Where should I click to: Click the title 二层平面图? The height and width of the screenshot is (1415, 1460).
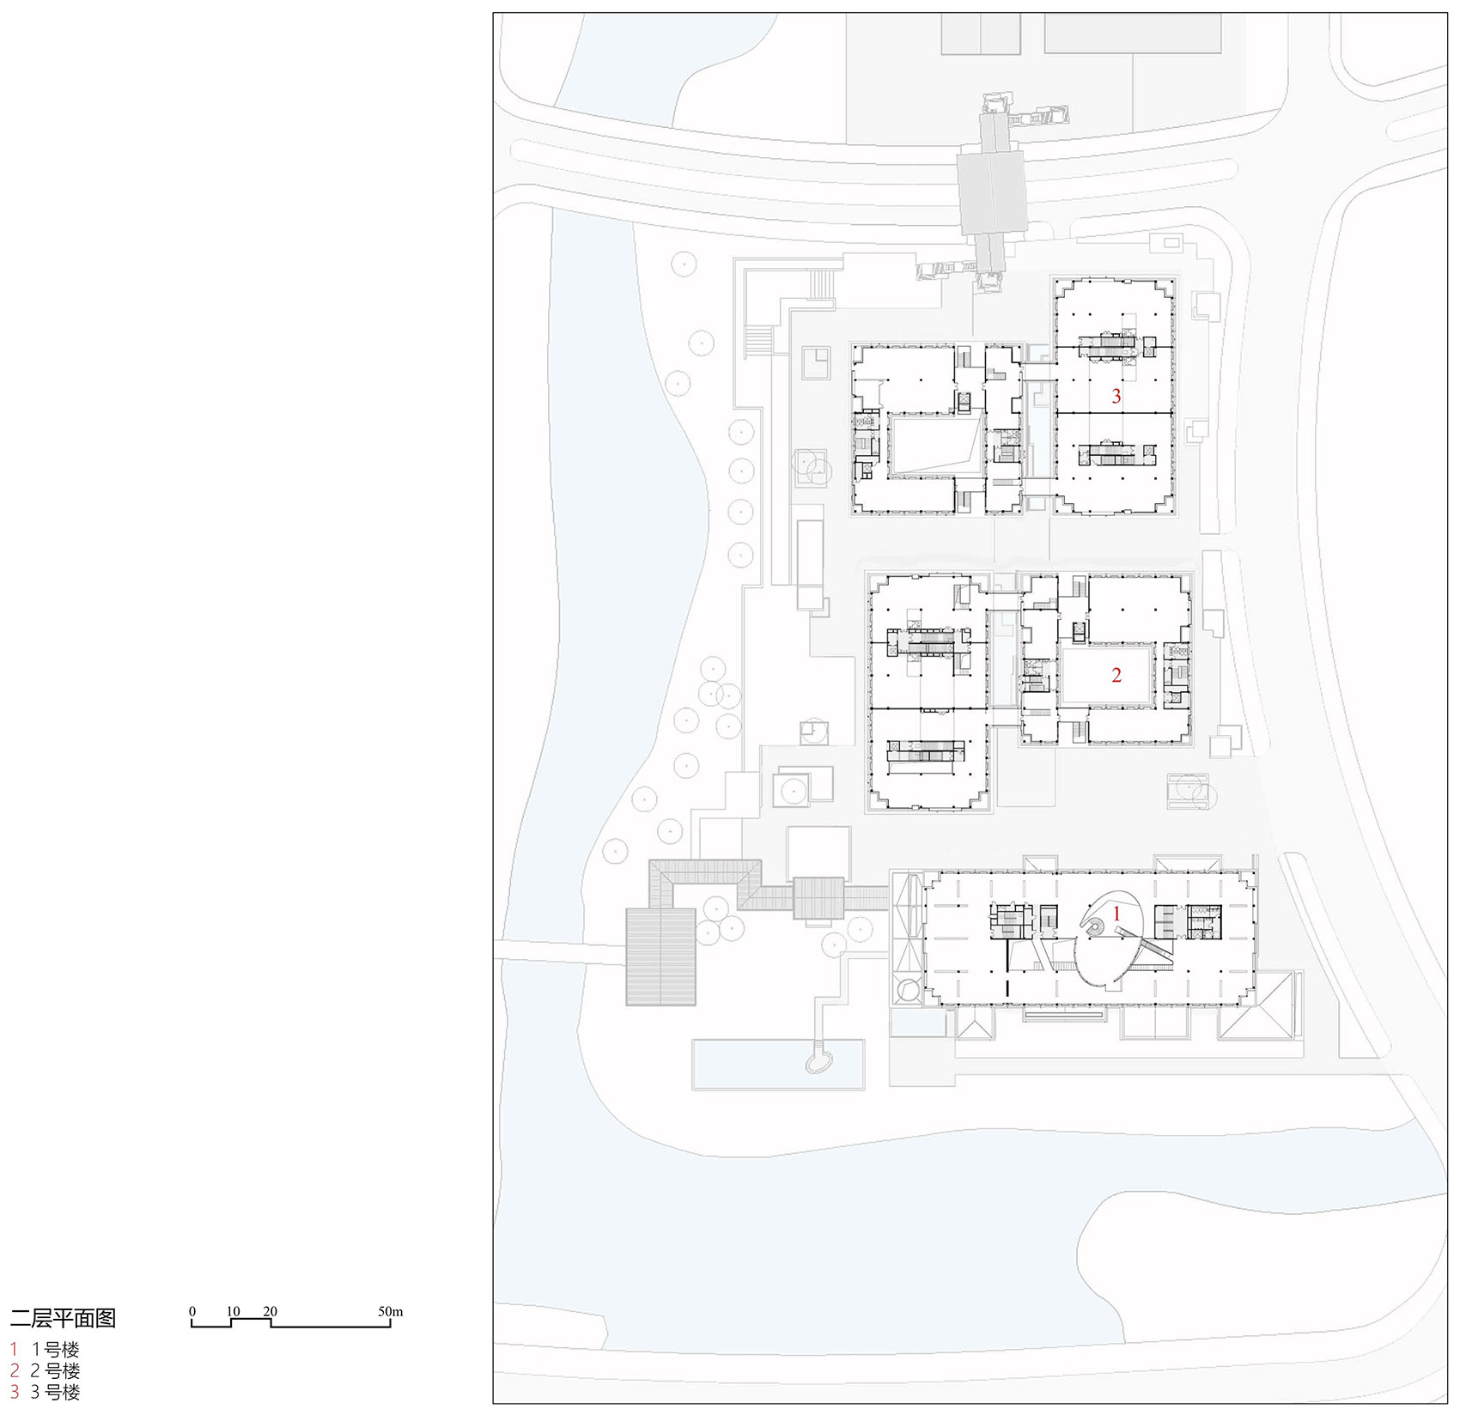(x=63, y=1318)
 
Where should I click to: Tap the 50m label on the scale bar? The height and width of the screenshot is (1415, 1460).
(x=390, y=1311)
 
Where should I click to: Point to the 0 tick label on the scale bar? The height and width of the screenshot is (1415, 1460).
(x=192, y=1311)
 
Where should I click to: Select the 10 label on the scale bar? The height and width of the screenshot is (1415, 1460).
(x=233, y=1311)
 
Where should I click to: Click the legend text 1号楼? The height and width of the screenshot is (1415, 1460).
(x=55, y=1350)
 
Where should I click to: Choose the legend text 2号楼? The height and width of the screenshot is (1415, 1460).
(x=55, y=1370)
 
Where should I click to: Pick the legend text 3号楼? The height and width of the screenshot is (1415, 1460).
(x=55, y=1392)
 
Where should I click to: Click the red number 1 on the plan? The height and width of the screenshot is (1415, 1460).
(x=1116, y=914)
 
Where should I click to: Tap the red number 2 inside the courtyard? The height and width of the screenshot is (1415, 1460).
(x=1116, y=676)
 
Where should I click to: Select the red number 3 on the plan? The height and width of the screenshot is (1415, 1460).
(x=1116, y=396)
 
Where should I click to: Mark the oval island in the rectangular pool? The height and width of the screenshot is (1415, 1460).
(x=819, y=1063)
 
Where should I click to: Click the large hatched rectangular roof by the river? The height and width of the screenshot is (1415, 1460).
(x=660, y=956)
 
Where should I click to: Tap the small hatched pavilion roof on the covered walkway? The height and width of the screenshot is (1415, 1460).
(x=818, y=898)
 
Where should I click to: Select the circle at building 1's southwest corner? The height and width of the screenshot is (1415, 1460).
(x=906, y=990)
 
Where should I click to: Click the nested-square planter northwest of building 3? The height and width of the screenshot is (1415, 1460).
(x=815, y=363)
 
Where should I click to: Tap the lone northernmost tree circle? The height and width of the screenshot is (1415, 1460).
(x=684, y=264)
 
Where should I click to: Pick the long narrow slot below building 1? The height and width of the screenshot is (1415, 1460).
(x=1063, y=1014)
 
